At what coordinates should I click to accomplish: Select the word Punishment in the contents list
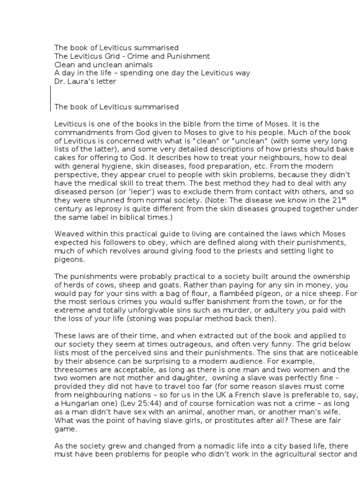coord(178,56)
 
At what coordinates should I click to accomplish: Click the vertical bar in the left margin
coord(50,98)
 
